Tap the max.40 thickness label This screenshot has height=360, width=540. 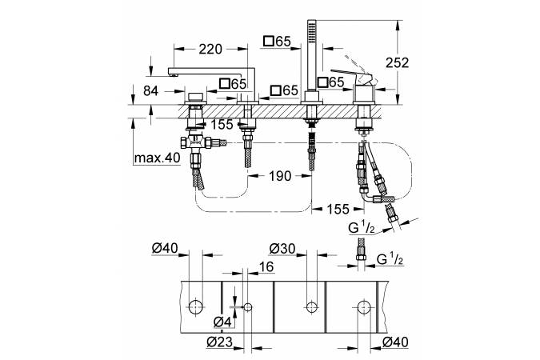tap(157, 157)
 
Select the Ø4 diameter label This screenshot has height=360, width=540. tap(224, 321)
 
